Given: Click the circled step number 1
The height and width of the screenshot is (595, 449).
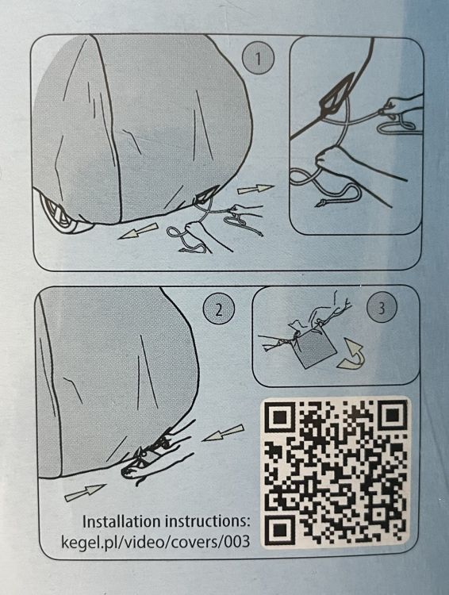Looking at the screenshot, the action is click(x=258, y=59).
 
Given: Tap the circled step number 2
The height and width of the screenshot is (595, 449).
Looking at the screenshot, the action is click(x=219, y=309).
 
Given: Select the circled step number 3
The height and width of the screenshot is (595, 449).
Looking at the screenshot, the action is click(x=382, y=307).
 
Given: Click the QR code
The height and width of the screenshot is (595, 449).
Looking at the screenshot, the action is click(x=336, y=472).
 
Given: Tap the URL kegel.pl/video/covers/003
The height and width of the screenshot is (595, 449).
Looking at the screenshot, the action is click(x=155, y=542).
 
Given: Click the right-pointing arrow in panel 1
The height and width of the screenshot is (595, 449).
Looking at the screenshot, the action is click(x=255, y=189).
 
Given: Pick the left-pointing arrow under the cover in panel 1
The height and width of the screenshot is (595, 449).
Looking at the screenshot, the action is click(x=138, y=231).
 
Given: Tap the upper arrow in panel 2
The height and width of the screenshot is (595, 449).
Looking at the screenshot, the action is click(x=223, y=432).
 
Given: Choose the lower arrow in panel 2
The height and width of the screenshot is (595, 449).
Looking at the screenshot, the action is click(x=85, y=493).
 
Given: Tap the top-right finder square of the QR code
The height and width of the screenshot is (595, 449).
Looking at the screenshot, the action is click(x=391, y=414).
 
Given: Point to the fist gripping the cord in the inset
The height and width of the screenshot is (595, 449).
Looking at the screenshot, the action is click(x=331, y=159).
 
